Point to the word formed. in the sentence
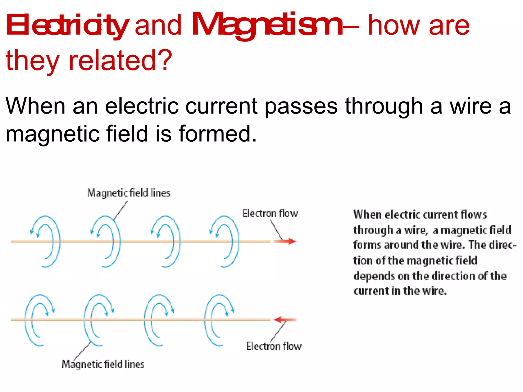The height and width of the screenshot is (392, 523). (217, 134)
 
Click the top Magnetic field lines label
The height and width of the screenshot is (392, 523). (129, 193)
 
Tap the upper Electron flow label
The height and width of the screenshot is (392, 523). (270, 213)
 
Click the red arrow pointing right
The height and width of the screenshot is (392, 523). (285, 241)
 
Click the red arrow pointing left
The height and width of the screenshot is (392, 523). (284, 320)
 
